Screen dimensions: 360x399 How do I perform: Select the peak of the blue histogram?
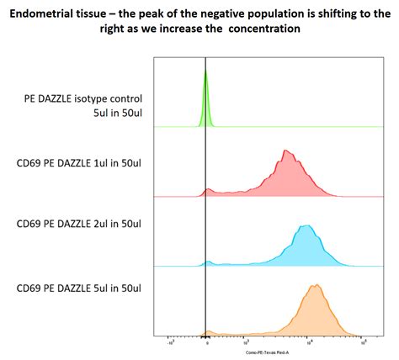point(306,227)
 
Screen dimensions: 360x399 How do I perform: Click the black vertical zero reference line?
point(206,210)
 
